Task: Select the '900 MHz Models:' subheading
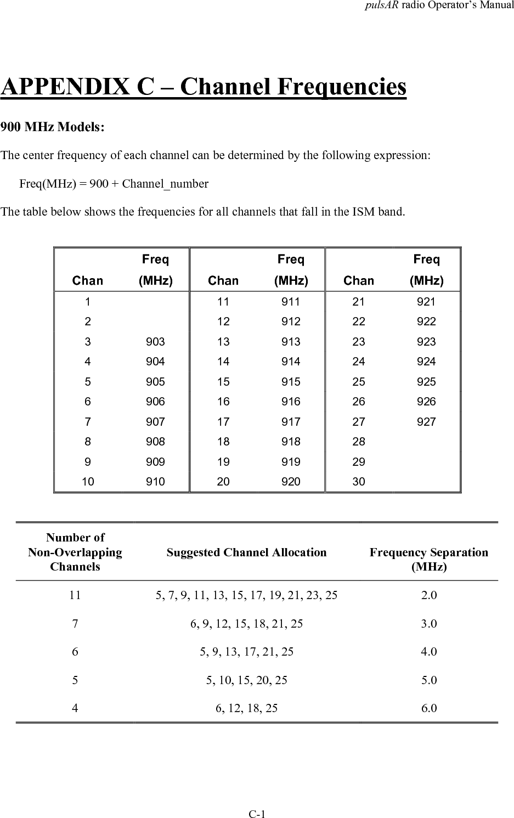[x=52, y=127]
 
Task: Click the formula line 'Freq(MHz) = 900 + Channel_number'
[x=114, y=184]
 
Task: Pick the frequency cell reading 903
[x=155, y=342]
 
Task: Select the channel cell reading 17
[x=223, y=422]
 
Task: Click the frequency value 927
[x=426, y=422]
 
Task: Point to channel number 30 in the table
[x=358, y=482]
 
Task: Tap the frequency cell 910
[x=155, y=482]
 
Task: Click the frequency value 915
[x=291, y=382]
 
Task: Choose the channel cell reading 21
[x=358, y=302]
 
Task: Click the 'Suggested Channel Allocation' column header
[x=246, y=552]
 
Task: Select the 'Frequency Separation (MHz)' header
[x=428, y=559]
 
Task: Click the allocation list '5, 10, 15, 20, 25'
[x=246, y=680]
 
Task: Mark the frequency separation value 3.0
[x=428, y=624]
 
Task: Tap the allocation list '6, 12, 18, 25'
[x=246, y=708]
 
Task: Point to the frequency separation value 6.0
[x=428, y=708]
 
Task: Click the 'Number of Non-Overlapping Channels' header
[x=75, y=552]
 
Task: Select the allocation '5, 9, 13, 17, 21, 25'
[x=246, y=652]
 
